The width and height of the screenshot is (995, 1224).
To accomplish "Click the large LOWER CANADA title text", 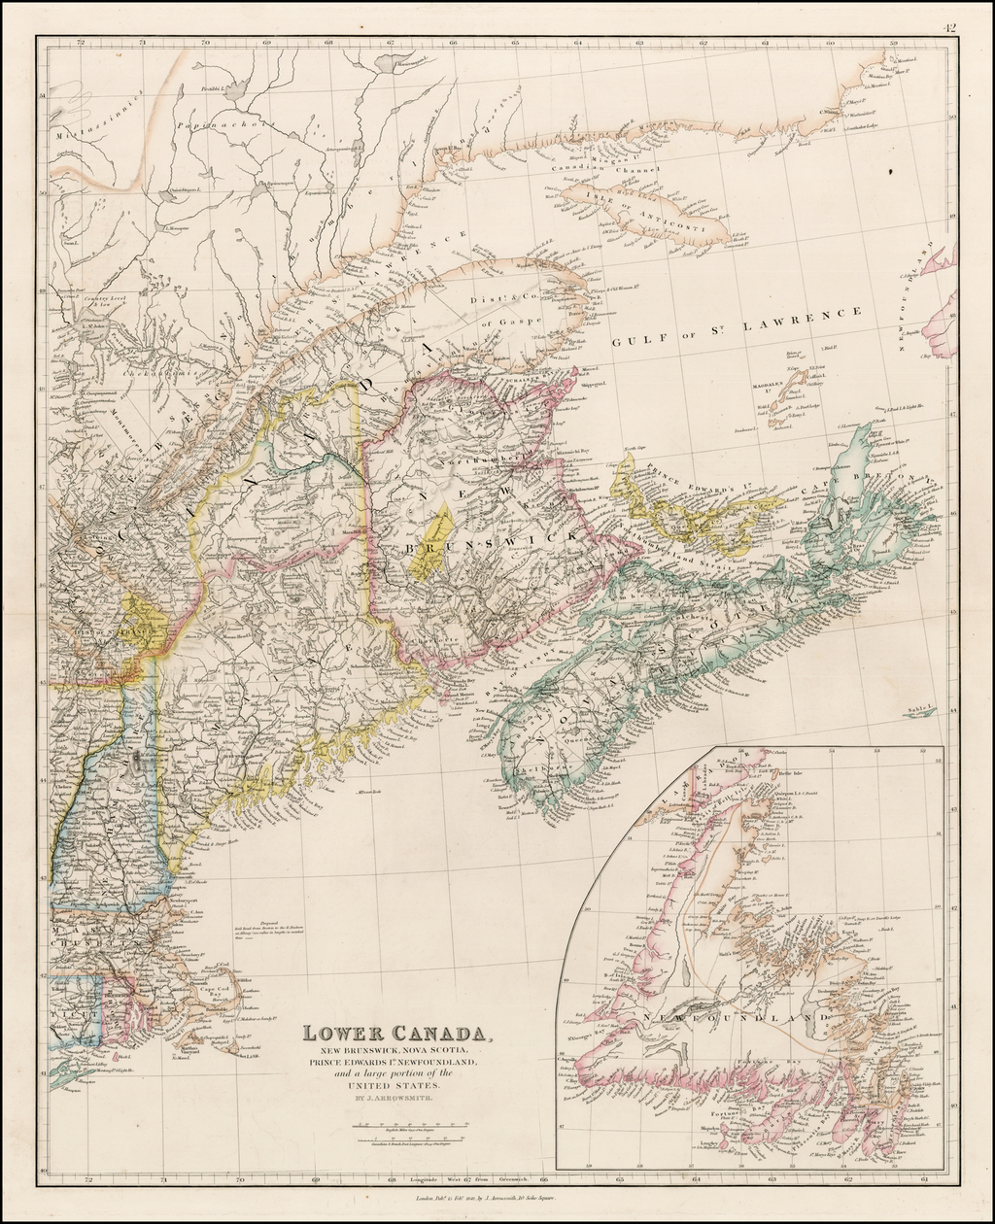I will click(x=396, y=1034).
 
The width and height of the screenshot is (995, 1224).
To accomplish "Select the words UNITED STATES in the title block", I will click(x=397, y=1084).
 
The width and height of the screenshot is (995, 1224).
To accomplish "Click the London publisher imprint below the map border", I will click(x=491, y=1201).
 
